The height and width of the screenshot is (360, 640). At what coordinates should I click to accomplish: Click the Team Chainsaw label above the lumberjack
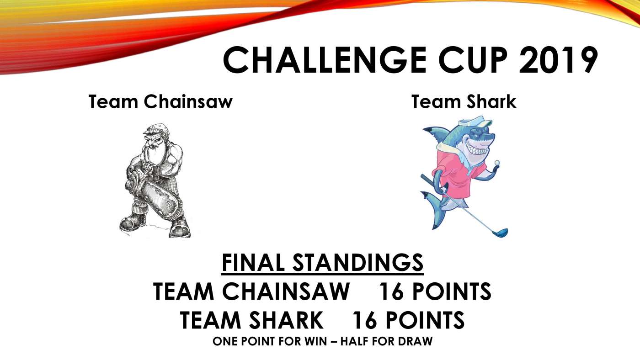160,101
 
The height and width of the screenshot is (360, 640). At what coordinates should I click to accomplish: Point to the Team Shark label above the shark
464,101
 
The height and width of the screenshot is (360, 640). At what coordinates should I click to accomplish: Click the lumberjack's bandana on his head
157,130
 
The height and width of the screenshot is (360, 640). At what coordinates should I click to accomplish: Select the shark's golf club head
500,233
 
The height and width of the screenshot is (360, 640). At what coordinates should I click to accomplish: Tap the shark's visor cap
475,122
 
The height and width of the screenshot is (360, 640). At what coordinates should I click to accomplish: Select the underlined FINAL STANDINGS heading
322,263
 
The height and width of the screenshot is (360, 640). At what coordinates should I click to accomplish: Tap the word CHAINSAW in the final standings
286,291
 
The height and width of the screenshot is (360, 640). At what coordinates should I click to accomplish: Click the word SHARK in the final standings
286,321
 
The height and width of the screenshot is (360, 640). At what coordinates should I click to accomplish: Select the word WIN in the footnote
315,341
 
